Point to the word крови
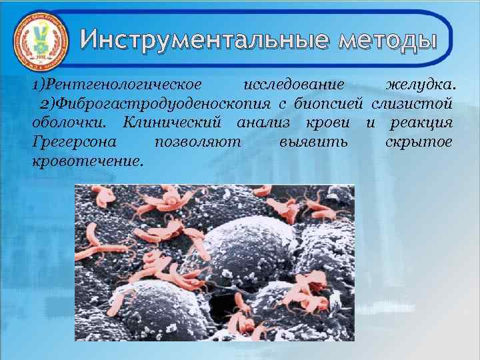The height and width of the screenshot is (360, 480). pos(326,123)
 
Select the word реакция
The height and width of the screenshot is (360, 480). pos(420,123)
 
